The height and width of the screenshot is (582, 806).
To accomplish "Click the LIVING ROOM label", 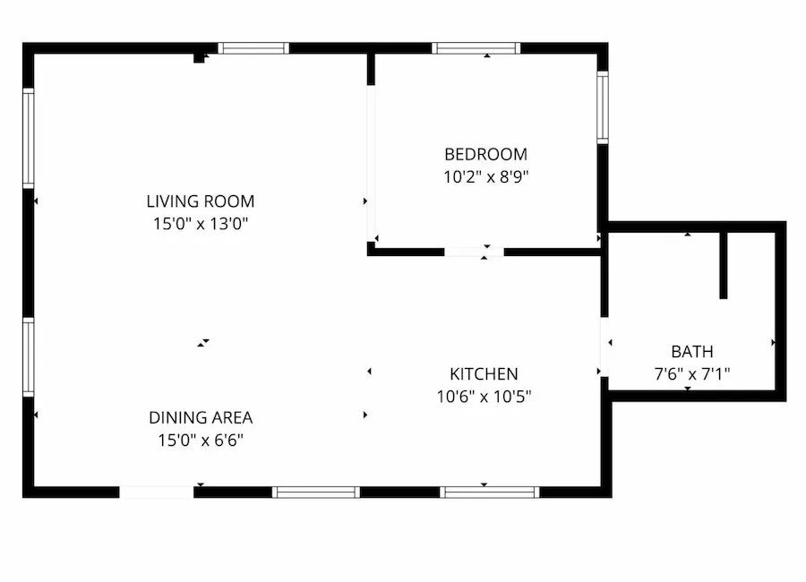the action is pyautogui.click(x=201, y=201).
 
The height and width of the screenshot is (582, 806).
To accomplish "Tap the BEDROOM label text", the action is pyautogui.click(x=485, y=154).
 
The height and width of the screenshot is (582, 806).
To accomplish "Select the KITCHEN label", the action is pyautogui.click(x=484, y=373).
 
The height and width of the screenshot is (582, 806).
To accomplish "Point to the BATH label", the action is pyautogui.click(x=692, y=352).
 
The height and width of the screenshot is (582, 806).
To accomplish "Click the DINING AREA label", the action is pyautogui.click(x=201, y=417).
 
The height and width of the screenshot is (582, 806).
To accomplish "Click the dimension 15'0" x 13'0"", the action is pyautogui.click(x=201, y=224).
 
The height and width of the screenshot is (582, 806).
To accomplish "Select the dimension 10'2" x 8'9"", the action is pyautogui.click(x=485, y=177).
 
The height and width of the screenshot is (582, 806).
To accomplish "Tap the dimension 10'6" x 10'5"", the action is pyautogui.click(x=484, y=397).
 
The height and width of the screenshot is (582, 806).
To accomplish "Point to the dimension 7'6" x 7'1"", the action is pyautogui.click(x=692, y=373).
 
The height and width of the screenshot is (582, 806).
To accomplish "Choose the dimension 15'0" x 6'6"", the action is pyautogui.click(x=201, y=441).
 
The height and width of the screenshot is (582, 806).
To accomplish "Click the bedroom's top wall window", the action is pyautogui.click(x=476, y=48).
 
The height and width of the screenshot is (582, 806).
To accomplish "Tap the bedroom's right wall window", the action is pyautogui.click(x=603, y=107).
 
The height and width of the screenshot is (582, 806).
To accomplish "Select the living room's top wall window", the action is pyautogui.click(x=253, y=48).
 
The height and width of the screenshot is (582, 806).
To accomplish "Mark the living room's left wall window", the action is pyautogui.click(x=29, y=138).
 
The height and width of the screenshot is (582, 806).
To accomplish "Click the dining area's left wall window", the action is pyautogui.click(x=29, y=357).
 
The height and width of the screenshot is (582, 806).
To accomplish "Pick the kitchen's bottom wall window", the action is pyautogui.click(x=490, y=492).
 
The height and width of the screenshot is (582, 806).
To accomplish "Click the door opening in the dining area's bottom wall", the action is pyautogui.click(x=157, y=492).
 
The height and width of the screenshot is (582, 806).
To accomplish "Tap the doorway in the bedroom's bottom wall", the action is pyautogui.click(x=474, y=252).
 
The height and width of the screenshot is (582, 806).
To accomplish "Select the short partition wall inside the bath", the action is pyautogui.click(x=724, y=266).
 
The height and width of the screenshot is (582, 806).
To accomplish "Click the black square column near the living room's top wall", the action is pyautogui.click(x=199, y=58).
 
